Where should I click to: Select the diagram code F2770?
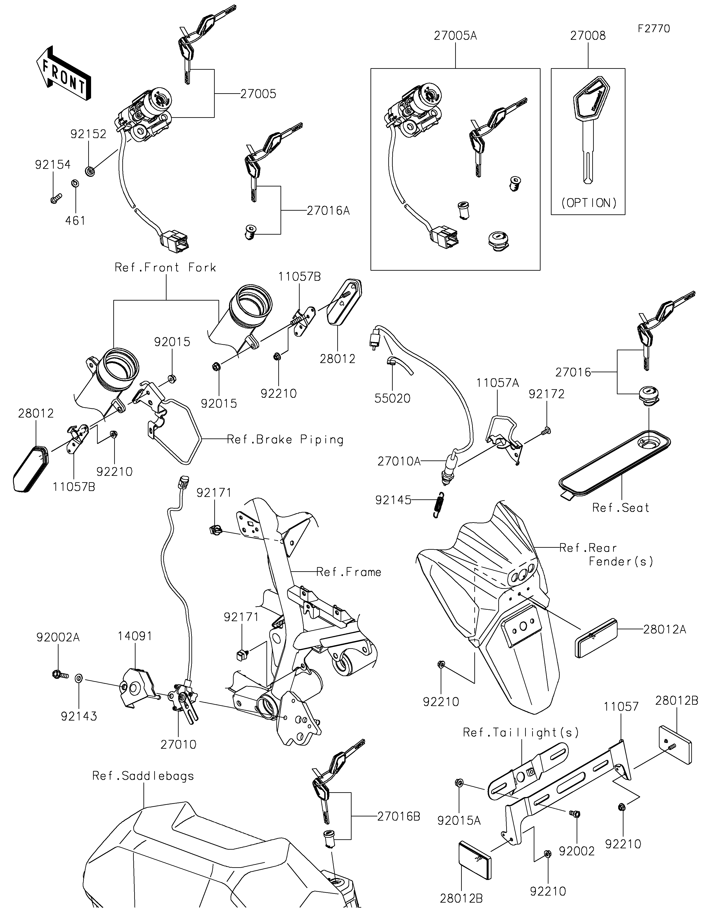point(654,29)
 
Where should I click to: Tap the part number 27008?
point(588,36)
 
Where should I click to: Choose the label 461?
point(75,221)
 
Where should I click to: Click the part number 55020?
point(392,398)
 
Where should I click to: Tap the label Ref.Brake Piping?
point(285,440)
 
